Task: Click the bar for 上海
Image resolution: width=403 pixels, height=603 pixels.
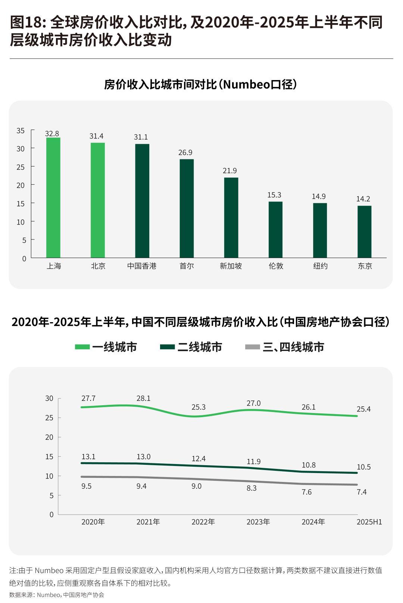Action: pyautogui.click(x=53, y=197)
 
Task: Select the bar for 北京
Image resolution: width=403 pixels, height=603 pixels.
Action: pyautogui.click(x=98, y=200)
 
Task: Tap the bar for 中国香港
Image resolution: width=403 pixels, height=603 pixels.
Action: pyautogui.click(x=142, y=201)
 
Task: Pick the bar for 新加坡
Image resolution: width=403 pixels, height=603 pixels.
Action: pyautogui.click(x=231, y=218)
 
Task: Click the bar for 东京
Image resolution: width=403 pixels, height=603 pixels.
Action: pyautogui.click(x=364, y=232)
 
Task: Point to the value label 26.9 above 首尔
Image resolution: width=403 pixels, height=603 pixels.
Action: pyautogui.click(x=185, y=153)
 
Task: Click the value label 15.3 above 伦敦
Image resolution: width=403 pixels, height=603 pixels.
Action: pyautogui.click(x=274, y=195)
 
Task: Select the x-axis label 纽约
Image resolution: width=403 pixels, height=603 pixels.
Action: pyautogui.click(x=320, y=266)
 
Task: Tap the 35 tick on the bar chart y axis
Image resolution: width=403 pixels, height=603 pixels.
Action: pyautogui.click(x=21, y=131)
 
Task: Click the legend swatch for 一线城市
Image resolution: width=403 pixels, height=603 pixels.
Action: pyautogui.click(x=82, y=347)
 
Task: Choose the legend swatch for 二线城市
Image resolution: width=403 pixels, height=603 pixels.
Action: pyautogui.click(x=168, y=347)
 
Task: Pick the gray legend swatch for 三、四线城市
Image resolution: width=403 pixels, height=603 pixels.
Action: pyautogui.click(x=253, y=347)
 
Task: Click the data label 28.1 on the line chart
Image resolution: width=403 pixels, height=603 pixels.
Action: pyautogui.click(x=144, y=399)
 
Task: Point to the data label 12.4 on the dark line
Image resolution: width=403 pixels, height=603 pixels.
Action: pyautogui.click(x=199, y=459)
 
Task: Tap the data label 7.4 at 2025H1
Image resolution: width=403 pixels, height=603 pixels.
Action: pyautogui.click(x=362, y=492)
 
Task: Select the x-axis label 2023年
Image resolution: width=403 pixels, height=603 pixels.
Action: pyautogui.click(x=258, y=522)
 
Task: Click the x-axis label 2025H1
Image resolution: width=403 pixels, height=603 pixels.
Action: pyautogui.click(x=369, y=522)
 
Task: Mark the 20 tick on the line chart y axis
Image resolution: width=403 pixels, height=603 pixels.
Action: pyautogui.click(x=49, y=437)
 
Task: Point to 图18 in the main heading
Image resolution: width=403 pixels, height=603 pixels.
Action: pyautogui.click(x=26, y=22)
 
